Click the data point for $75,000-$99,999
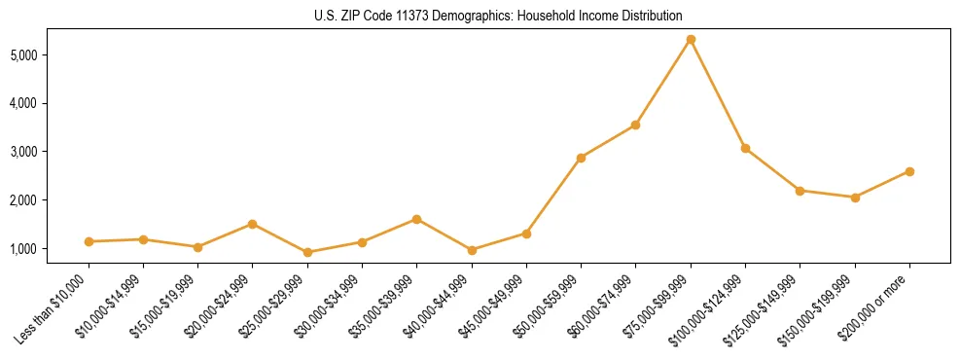[x=691, y=39]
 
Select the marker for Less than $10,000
[x=89, y=241]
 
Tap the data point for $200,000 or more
[x=909, y=171]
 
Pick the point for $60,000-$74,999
[x=635, y=125]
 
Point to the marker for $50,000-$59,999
[x=581, y=158]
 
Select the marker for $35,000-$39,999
[x=416, y=219]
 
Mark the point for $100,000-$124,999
[x=745, y=148]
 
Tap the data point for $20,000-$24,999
[x=253, y=224]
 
